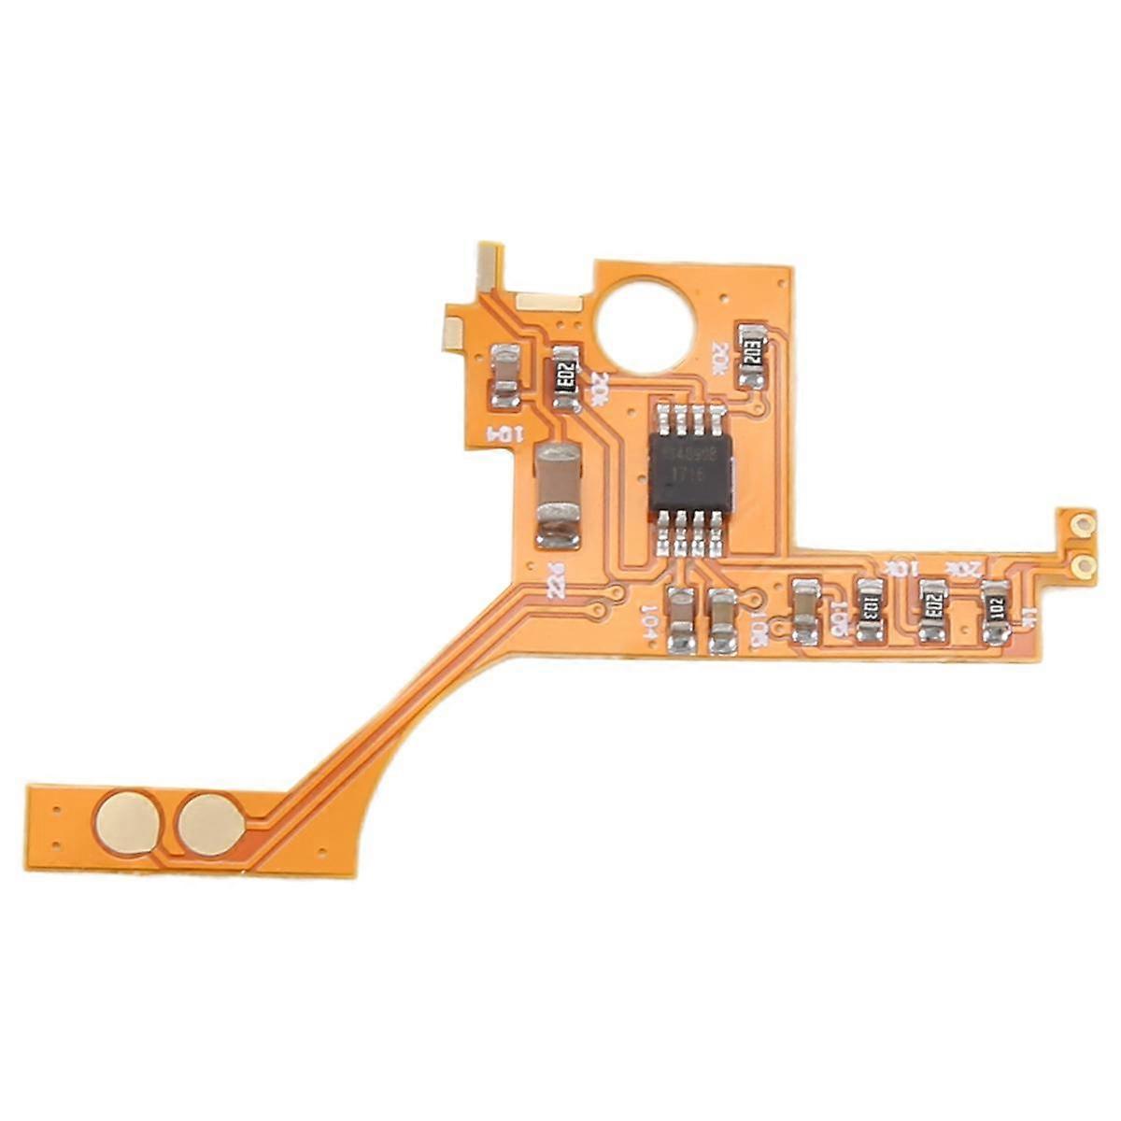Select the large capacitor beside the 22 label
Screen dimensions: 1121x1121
(x=559, y=495)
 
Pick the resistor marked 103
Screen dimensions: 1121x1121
(x=869, y=613)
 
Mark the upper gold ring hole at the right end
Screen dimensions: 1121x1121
(x=1084, y=525)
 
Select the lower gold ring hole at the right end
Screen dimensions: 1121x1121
(x=1084, y=564)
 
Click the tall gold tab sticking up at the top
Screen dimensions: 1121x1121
(x=486, y=266)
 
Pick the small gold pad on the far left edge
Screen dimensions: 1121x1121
(x=452, y=328)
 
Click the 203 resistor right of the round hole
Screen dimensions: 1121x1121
(x=752, y=355)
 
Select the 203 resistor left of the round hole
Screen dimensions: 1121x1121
(x=565, y=376)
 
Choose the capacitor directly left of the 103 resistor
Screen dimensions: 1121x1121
(x=805, y=612)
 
